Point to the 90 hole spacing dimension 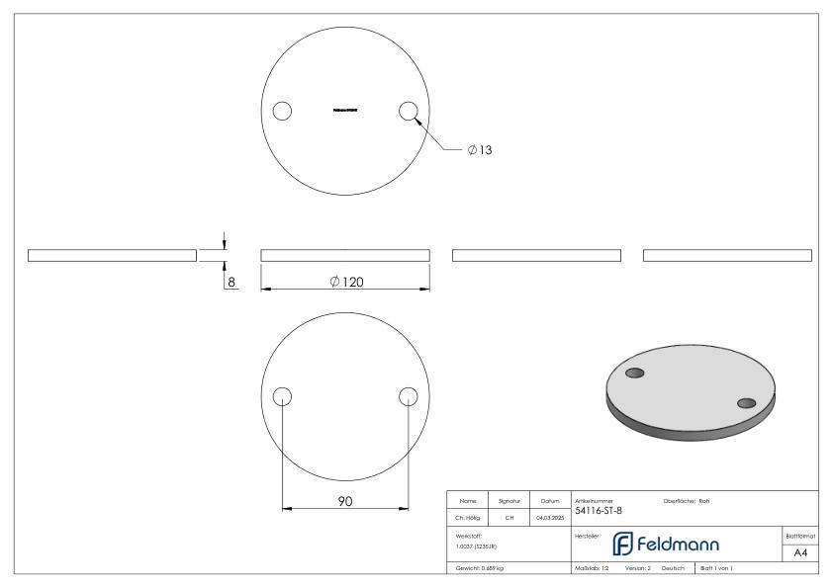click(345, 502)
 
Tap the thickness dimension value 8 click(232, 282)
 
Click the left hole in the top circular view click(282, 110)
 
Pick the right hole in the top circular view click(408, 110)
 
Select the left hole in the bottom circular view click(282, 396)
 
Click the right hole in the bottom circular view click(408, 396)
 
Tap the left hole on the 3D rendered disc click(635, 373)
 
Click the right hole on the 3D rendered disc click(747, 402)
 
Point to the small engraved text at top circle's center click(345, 110)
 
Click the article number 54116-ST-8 click(598, 510)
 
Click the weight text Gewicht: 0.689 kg click(479, 570)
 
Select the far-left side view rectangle click(112, 256)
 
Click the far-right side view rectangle click(727, 256)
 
